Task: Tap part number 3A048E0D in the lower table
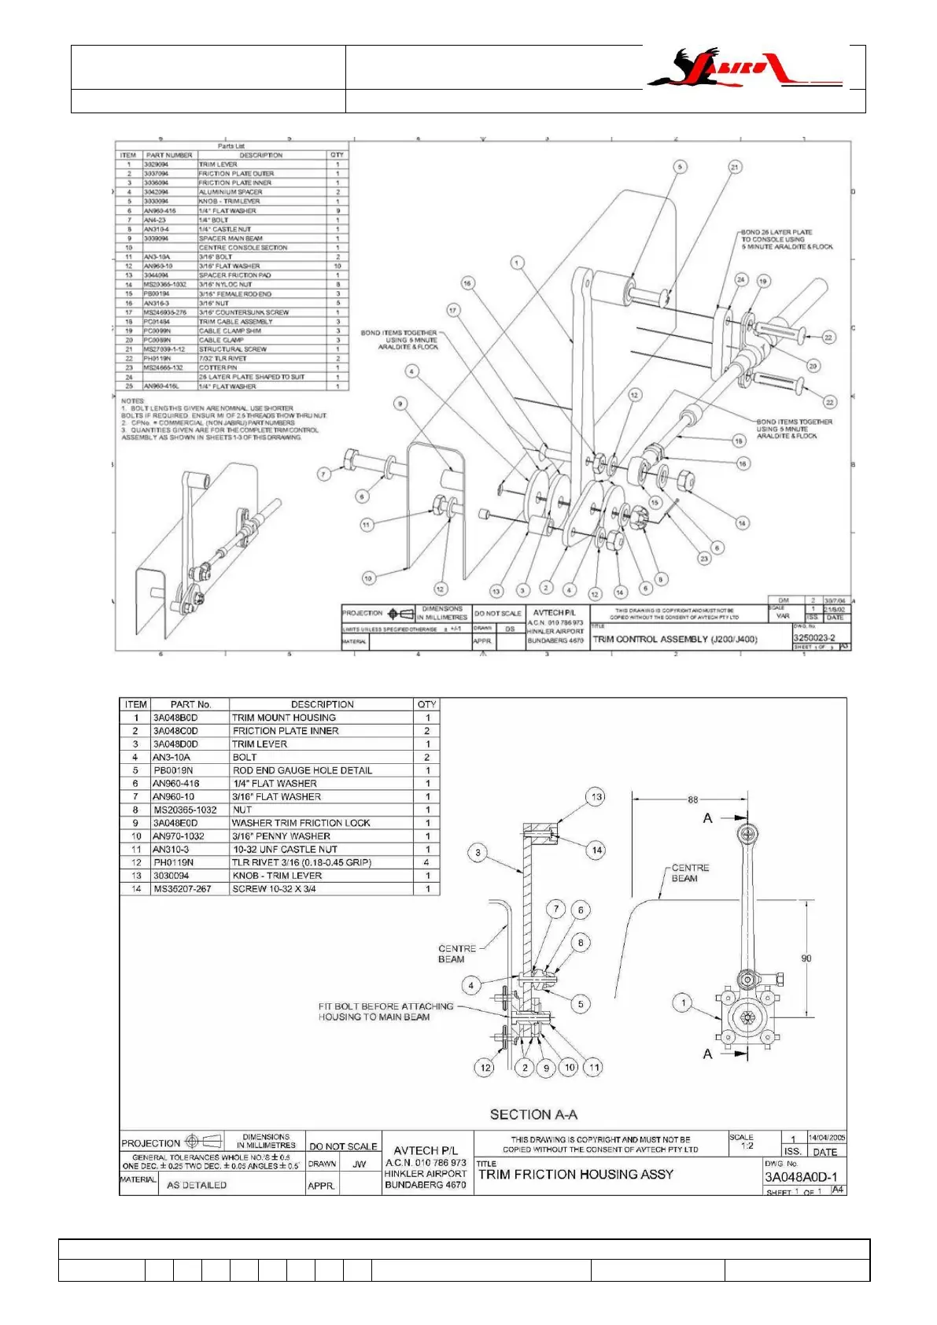[x=175, y=823]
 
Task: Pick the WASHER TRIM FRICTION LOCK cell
[x=301, y=823]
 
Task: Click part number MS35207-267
[x=183, y=889]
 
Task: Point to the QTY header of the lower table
[x=426, y=704]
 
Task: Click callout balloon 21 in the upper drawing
[x=735, y=167]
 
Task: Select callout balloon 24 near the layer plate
[x=740, y=279]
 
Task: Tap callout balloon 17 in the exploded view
[x=452, y=310]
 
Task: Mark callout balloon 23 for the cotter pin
[x=703, y=559]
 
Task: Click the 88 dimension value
[x=692, y=800]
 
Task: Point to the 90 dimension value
[x=806, y=958]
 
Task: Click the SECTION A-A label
[x=533, y=1114]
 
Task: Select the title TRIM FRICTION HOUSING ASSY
[x=576, y=1175]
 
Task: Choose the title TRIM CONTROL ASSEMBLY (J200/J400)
[x=674, y=640]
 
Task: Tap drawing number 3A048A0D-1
[x=801, y=1177]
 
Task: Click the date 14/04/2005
[x=826, y=1138]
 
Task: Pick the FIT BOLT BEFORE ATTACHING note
[x=385, y=1011]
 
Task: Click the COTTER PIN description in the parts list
[x=218, y=367]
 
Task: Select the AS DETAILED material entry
[x=197, y=1185]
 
